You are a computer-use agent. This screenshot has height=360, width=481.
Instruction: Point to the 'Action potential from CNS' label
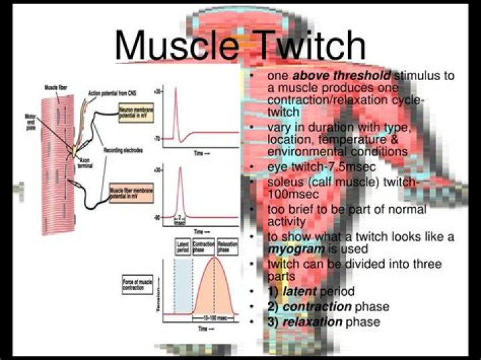pos(110,93)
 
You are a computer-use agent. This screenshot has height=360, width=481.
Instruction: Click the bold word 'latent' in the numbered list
pos(300,292)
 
